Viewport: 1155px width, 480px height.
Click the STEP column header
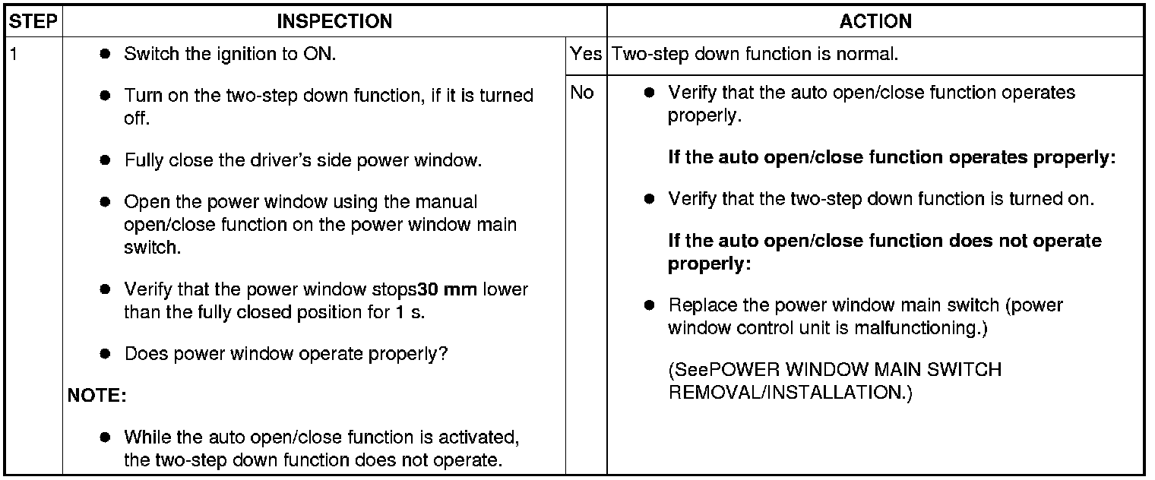coord(33,22)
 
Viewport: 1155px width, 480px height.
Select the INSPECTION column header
coord(334,22)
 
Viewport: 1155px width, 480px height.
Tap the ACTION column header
coord(875,22)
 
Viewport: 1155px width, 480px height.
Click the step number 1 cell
coord(14,54)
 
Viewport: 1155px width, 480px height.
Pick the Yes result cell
coord(586,54)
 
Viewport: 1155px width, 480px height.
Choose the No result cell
coord(582,93)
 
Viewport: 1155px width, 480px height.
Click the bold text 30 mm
coord(447,289)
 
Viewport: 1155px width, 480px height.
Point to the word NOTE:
coord(97,396)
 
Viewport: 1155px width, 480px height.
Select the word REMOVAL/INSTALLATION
coord(790,393)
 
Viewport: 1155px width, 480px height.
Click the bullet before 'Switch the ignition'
coord(105,54)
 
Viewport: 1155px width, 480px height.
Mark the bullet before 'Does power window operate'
coord(105,354)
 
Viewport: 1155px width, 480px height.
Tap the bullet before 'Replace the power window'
coord(650,305)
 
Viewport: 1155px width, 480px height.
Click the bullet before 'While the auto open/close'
coord(105,437)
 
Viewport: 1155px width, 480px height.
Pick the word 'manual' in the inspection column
coord(447,201)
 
